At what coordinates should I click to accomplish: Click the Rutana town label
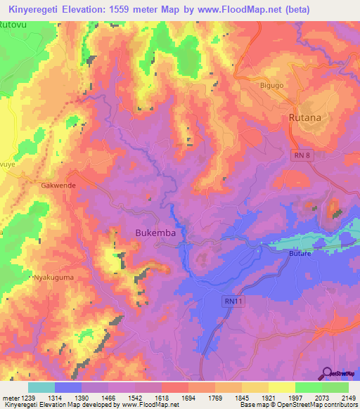click(305, 117)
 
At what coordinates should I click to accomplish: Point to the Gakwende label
click(58, 185)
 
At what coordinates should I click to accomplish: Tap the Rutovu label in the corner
click(13, 25)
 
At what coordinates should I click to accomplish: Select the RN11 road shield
click(233, 301)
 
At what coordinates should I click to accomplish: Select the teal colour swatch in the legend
click(41, 387)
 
